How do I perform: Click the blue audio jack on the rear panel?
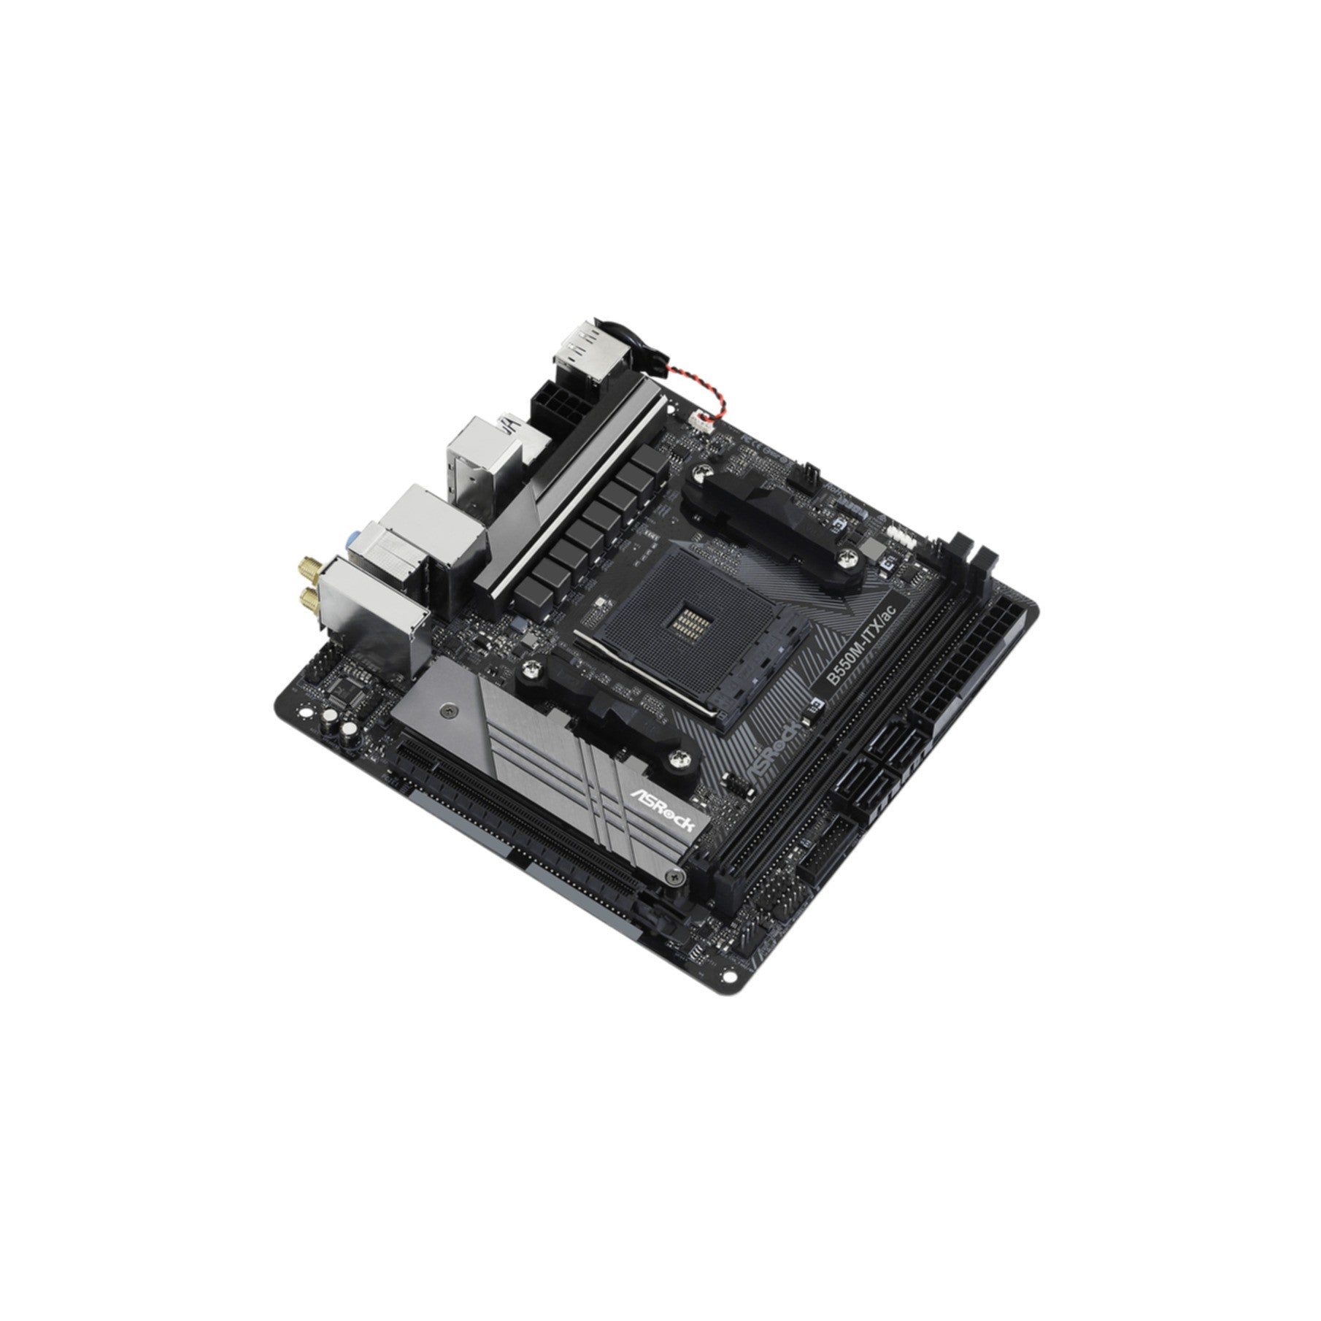point(353,541)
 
